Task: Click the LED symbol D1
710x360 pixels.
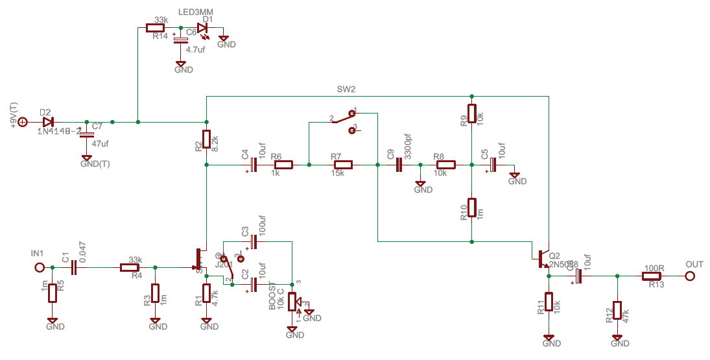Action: point(202,27)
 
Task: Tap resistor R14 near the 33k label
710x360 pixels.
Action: point(156,27)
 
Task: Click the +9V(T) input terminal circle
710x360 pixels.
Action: point(22,121)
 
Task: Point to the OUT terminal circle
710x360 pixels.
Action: point(690,276)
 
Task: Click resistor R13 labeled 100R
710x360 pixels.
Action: point(652,276)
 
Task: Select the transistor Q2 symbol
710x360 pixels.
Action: point(542,259)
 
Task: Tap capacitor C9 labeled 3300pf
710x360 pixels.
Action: point(399,165)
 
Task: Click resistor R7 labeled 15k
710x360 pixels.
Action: point(342,165)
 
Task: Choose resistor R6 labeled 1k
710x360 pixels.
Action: point(283,165)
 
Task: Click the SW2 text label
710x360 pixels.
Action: point(346,89)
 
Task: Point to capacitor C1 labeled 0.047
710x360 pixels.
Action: point(74,267)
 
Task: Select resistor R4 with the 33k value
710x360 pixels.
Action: point(130,267)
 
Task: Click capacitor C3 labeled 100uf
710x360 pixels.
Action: point(254,242)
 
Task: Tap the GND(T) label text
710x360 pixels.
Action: point(95,164)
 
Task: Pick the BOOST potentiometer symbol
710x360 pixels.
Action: point(292,302)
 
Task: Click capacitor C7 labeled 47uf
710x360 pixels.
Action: point(86,134)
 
